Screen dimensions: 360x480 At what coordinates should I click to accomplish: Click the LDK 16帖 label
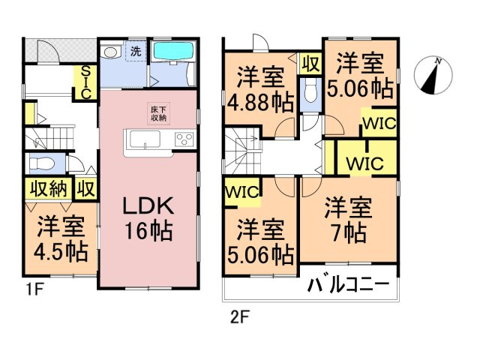point(147,218)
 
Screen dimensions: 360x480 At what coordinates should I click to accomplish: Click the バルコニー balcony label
point(349,285)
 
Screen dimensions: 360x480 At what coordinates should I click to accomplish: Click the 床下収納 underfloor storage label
point(158,113)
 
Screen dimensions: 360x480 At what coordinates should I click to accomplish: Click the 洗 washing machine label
point(135,52)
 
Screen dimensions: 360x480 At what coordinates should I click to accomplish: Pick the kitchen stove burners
point(184,139)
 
